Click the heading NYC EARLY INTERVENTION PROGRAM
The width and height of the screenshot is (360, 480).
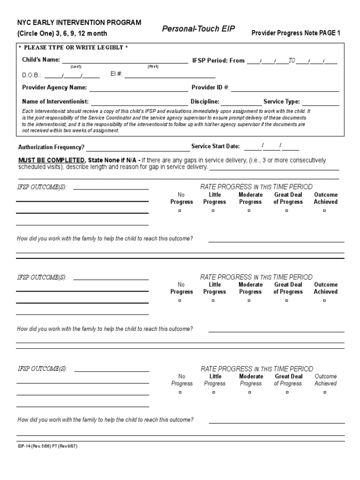pos(79,22)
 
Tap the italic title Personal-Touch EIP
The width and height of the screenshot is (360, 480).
pos(198,29)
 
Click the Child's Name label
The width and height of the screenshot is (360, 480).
pos(41,60)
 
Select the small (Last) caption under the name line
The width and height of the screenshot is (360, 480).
pos(76,67)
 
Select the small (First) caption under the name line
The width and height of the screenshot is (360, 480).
pos(153,67)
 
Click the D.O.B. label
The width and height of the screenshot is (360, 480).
pos(32,75)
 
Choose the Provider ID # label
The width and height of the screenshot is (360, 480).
pos(210,88)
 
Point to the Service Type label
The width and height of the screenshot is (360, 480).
pos(282,101)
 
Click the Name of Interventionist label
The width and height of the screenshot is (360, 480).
pos(55,101)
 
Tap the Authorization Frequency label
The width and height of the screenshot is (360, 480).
pos(51,147)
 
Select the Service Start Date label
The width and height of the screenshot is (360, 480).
pos(216,147)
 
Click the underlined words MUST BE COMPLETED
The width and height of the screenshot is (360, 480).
pos(51,160)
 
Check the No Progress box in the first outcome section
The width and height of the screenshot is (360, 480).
pos(180,211)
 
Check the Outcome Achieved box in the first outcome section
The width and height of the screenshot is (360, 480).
pos(324,211)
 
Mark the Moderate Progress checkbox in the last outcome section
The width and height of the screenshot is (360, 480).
pos(249,393)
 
